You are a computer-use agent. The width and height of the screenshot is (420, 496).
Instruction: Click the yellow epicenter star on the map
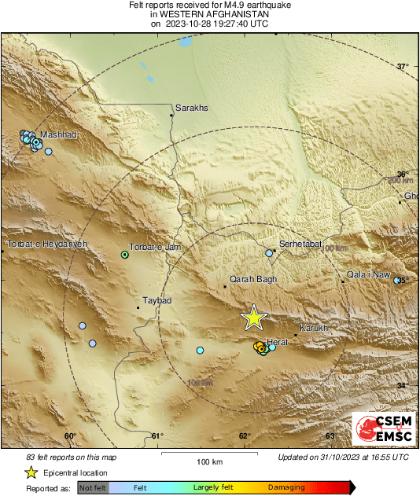pyautogui.click(x=253, y=317)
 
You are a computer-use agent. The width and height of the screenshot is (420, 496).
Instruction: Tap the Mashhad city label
pyautogui.click(x=58, y=135)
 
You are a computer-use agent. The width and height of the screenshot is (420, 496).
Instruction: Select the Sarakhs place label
pyautogui.click(x=192, y=108)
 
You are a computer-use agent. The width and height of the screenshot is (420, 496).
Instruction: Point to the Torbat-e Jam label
pyautogui.click(x=155, y=247)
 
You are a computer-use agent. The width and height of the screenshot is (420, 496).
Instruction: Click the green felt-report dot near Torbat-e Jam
pyautogui.click(x=124, y=255)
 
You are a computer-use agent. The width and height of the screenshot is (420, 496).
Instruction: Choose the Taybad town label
pyautogui.click(x=157, y=300)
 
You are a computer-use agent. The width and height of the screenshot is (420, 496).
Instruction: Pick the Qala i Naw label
pyautogui.click(x=369, y=274)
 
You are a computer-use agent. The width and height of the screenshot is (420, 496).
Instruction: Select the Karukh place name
pyautogui.click(x=313, y=328)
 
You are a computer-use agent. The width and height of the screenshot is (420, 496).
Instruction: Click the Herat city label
pyautogui.click(x=278, y=341)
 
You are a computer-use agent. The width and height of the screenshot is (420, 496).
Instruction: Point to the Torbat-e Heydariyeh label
pyautogui.click(x=46, y=245)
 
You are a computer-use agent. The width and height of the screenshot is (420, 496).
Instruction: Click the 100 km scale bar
pyautogui.click(x=207, y=454)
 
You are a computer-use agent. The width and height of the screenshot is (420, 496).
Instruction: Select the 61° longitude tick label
pyautogui.click(x=157, y=436)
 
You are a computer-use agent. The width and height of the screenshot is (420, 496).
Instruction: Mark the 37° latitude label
pyautogui.click(x=403, y=67)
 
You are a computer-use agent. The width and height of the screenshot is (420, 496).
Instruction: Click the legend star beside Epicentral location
pyautogui.click(x=31, y=472)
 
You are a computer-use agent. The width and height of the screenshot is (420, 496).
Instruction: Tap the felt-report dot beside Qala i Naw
pyautogui.click(x=397, y=280)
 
